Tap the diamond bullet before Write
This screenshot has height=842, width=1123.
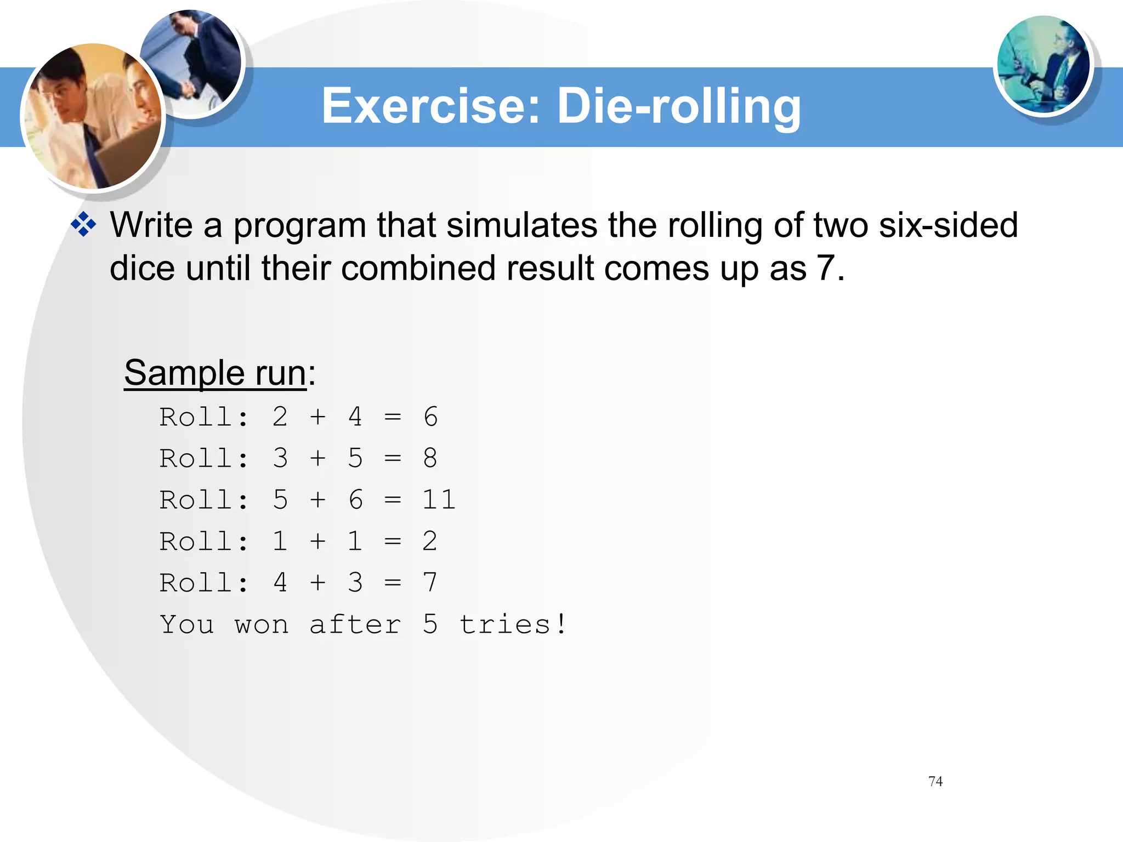tap(84, 225)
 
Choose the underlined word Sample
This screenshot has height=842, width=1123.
tap(184, 373)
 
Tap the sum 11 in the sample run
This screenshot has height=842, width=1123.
tap(439, 500)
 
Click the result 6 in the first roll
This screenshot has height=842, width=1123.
tap(430, 417)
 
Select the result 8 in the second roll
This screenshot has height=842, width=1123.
tap(430, 458)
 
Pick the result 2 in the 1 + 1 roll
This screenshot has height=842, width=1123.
tap(430, 542)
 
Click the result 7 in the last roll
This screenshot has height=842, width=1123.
tap(430, 583)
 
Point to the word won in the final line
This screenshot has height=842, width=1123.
tap(262, 625)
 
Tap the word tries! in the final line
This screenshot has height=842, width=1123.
tap(513, 624)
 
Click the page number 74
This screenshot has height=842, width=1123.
tap(935, 781)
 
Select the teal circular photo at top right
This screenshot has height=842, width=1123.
tap(1043, 65)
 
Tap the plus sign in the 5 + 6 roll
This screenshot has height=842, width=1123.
tap(317, 500)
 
